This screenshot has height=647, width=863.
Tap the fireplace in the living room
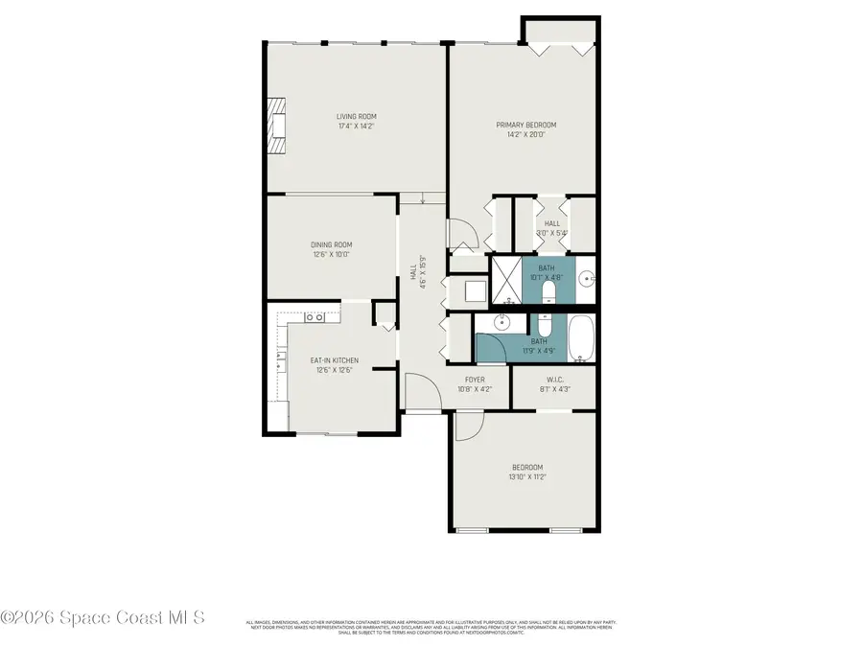[276, 125]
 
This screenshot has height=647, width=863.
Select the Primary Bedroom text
[525, 125]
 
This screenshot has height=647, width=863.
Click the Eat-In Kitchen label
[335, 360]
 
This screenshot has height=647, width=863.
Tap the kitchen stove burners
[315, 316]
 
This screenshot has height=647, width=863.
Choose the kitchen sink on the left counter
[281, 362]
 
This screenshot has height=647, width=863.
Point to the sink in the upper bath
[586, 279]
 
